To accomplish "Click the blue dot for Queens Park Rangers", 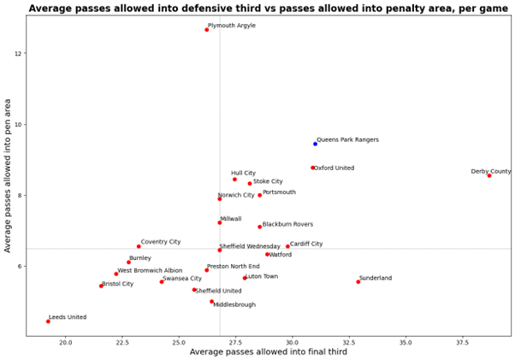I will tap(315, 144).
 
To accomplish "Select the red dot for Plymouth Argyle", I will tap(206, 30).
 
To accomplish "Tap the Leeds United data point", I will tap(48, 322).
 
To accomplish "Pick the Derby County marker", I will tap(489, 175).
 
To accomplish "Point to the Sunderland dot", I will tap(358, 281).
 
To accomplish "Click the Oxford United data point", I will tap(312, 168).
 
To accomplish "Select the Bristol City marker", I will tap(101, 286).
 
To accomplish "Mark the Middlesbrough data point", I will tap(211, 301).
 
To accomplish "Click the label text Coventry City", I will tap(161, 242).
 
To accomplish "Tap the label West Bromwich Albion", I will tap(150, 270).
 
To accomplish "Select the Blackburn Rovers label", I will tap(287, 224).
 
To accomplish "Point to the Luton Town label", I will tap(262, 276).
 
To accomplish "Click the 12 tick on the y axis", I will tap(19, 53).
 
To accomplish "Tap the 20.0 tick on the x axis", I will tap(65, 342).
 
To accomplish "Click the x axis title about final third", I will tap(268, 352).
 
